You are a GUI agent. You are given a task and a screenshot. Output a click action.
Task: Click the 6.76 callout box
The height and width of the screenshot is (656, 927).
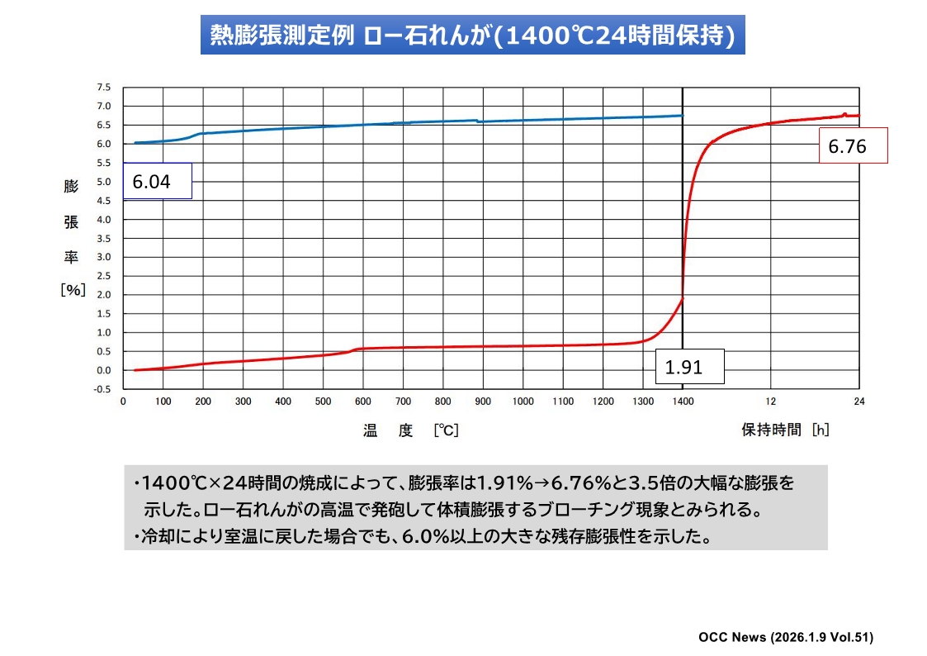click(x=853, y=146)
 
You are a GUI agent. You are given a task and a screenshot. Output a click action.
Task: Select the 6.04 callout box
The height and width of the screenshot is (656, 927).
click(x=157, y=181)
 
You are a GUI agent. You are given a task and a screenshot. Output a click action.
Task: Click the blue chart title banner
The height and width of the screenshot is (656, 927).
click(x=472, y=36)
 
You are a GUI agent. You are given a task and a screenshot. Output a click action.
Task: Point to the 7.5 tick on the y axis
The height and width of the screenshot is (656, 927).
click(x=103, y=87)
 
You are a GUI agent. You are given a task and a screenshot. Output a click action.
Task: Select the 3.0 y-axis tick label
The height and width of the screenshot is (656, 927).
click(x=103, y=257)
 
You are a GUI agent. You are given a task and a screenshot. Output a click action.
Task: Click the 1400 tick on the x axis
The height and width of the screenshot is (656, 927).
click(x=683, y=402)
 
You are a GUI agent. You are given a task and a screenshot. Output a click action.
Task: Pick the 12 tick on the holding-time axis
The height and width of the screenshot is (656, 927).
click(x=771, y=402)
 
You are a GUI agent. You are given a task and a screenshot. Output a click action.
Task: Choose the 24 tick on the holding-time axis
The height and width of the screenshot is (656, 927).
click(x=858, y=402)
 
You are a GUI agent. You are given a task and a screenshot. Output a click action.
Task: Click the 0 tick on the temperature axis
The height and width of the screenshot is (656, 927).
click(x=123, y=402)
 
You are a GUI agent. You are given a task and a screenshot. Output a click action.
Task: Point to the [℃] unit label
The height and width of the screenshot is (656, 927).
click(x=445, y=430)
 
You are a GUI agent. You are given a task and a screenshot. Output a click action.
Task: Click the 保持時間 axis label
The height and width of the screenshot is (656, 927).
click(x=771, y=430)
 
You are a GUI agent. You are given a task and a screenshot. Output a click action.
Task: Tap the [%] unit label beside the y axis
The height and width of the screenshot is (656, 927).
click(x=73, y=290)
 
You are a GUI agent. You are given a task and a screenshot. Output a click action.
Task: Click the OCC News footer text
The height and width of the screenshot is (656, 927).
click(x=785, y=637)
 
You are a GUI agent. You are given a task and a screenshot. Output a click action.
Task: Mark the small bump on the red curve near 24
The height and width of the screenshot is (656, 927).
click(x=844, y=114)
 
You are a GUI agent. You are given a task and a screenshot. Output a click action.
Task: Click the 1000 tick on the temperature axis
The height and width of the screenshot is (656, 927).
click(x=523, y=402)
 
